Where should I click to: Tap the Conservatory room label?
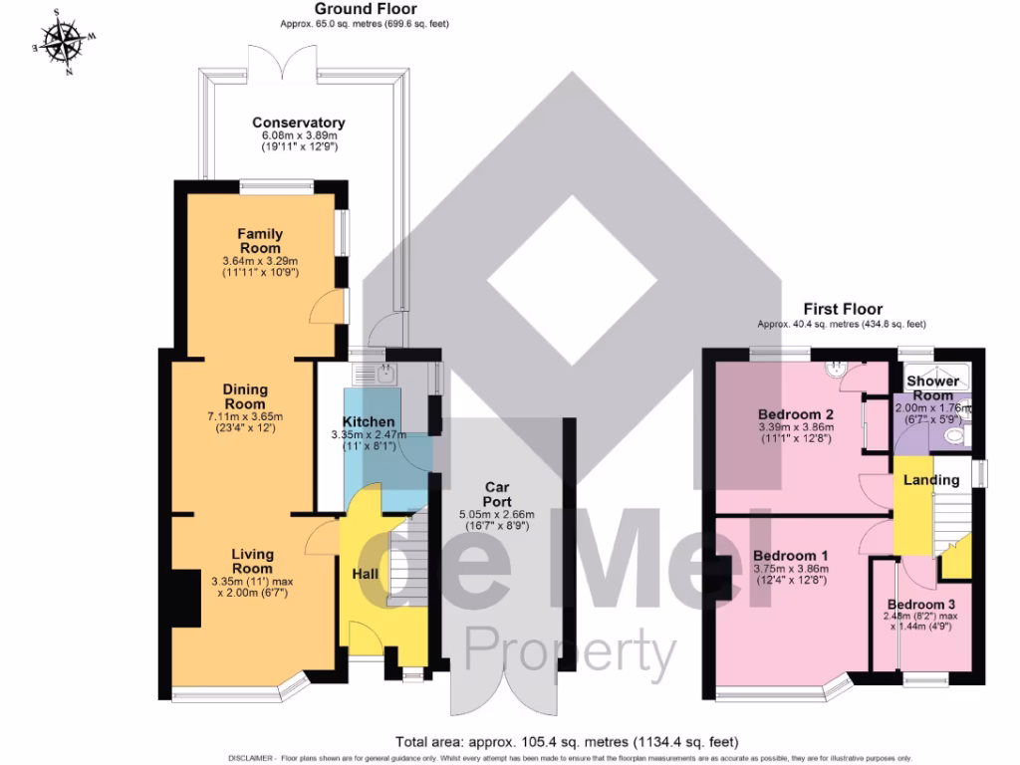pos(298,123)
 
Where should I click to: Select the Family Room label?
pos(259,240)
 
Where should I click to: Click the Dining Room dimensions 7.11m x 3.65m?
pos(245,416)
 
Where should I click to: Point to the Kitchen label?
pos(369,422)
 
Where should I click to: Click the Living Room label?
pos(252,561)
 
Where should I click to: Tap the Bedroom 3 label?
pos(921,605)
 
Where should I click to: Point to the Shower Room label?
pos(933,387)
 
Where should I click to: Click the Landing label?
pos(930,480)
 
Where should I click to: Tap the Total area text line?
pos(566,741)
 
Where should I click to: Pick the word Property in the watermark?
pos(570,652)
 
